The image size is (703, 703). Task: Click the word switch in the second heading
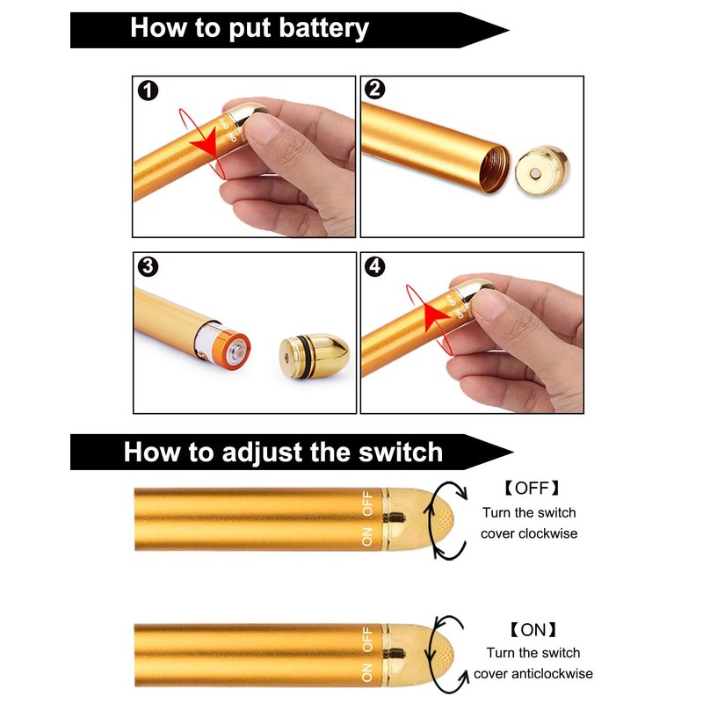pyautogui.click(x=401, y=452)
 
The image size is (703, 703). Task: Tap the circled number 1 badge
pyautogui.click(x=148, y=91)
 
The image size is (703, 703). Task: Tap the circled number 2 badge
pyautogui.click(x=375, y=90)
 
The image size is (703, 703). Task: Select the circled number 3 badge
pyautogui.click(x=148, y=267)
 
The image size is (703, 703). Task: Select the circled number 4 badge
pyautogui.click(x=375, y=266)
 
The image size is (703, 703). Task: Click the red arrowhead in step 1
pyautogui.click(x=206, y=143)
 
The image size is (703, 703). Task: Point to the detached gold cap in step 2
pyautogui.click(x=542, y=170)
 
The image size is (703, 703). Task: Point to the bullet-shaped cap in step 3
pyautogui.click(x=314, y=351)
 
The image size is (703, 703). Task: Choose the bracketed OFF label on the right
pyautogui.click(x=532, y=488)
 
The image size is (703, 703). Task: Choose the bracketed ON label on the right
pyautogui.click(x=533, y=630)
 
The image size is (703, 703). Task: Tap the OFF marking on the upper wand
pyautogui.click(x=367, y=504)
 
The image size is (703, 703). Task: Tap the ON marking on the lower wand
pyautogui.click(x=366, y=672)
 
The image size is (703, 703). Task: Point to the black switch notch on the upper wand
pyautogui.click(x=395, y=518)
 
